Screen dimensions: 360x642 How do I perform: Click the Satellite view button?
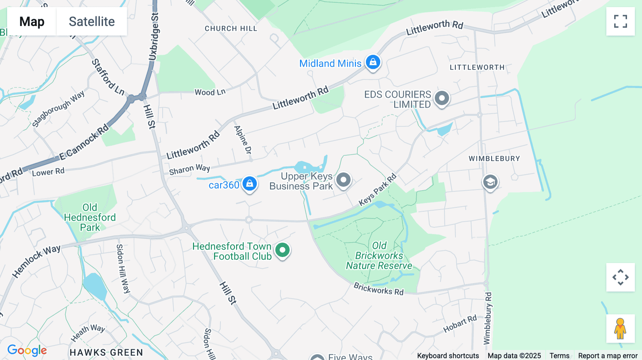92,21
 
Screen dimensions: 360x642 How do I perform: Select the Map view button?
32,21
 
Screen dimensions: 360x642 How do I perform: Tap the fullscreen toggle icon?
620,21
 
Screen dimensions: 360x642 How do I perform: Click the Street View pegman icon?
620,329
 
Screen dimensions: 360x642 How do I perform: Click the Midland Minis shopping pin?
373,62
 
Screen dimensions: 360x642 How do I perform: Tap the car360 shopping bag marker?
250,184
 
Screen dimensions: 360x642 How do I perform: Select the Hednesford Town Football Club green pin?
282,250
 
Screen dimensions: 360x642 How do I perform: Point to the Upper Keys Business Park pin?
343,180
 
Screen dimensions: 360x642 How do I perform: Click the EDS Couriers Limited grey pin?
442,98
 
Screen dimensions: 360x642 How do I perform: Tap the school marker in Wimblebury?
490,182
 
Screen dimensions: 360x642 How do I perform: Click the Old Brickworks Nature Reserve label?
379,256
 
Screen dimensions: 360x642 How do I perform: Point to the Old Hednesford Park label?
90,217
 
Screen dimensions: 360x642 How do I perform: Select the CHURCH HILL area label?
231,29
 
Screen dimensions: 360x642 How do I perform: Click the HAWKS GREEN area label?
106,353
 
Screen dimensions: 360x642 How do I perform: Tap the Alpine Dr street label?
243,140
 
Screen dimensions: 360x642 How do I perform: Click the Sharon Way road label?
189,169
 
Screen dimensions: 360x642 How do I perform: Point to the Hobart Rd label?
460,324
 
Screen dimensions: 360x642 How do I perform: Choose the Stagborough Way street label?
58,109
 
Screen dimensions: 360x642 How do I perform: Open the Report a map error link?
607,356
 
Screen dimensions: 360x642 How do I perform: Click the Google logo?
27,350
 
